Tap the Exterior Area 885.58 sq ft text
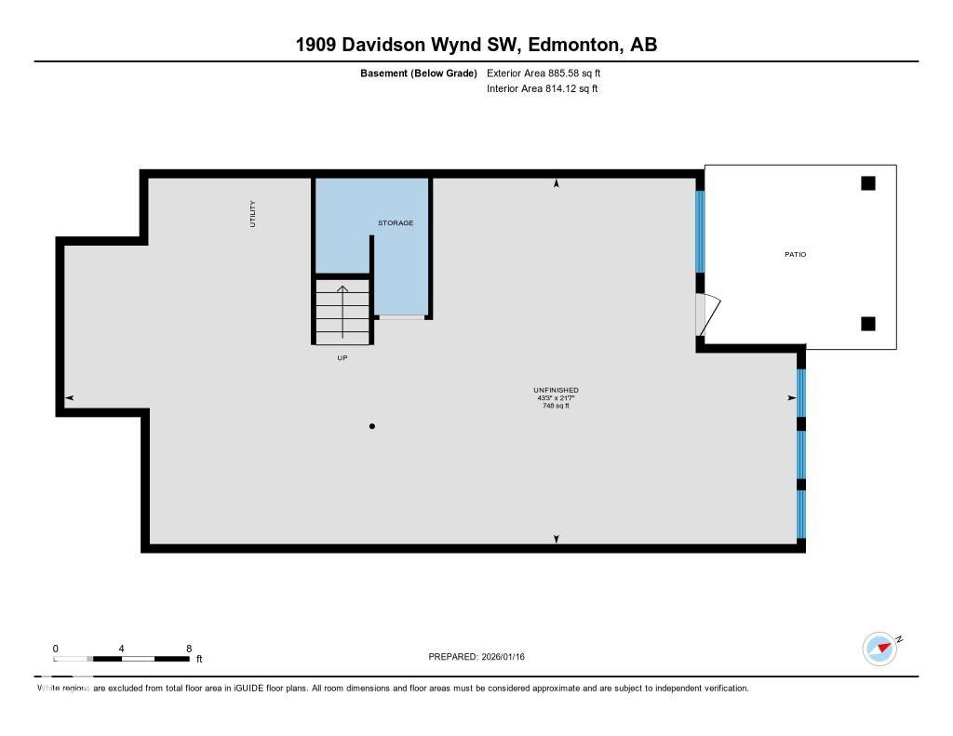coord(550,73)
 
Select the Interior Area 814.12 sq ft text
coord(542,89)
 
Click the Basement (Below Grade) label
coord(419,73)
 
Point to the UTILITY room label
coord(252,214)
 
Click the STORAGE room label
coord(396,223)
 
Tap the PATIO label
coord(795,254)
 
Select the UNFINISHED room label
coord(556,390)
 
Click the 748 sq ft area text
coord(556,406)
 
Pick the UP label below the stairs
coord(342,358)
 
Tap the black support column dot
coord(372,426)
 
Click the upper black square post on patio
coord(867,183)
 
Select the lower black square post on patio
coord(867,324)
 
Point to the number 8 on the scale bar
coord(189,649)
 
